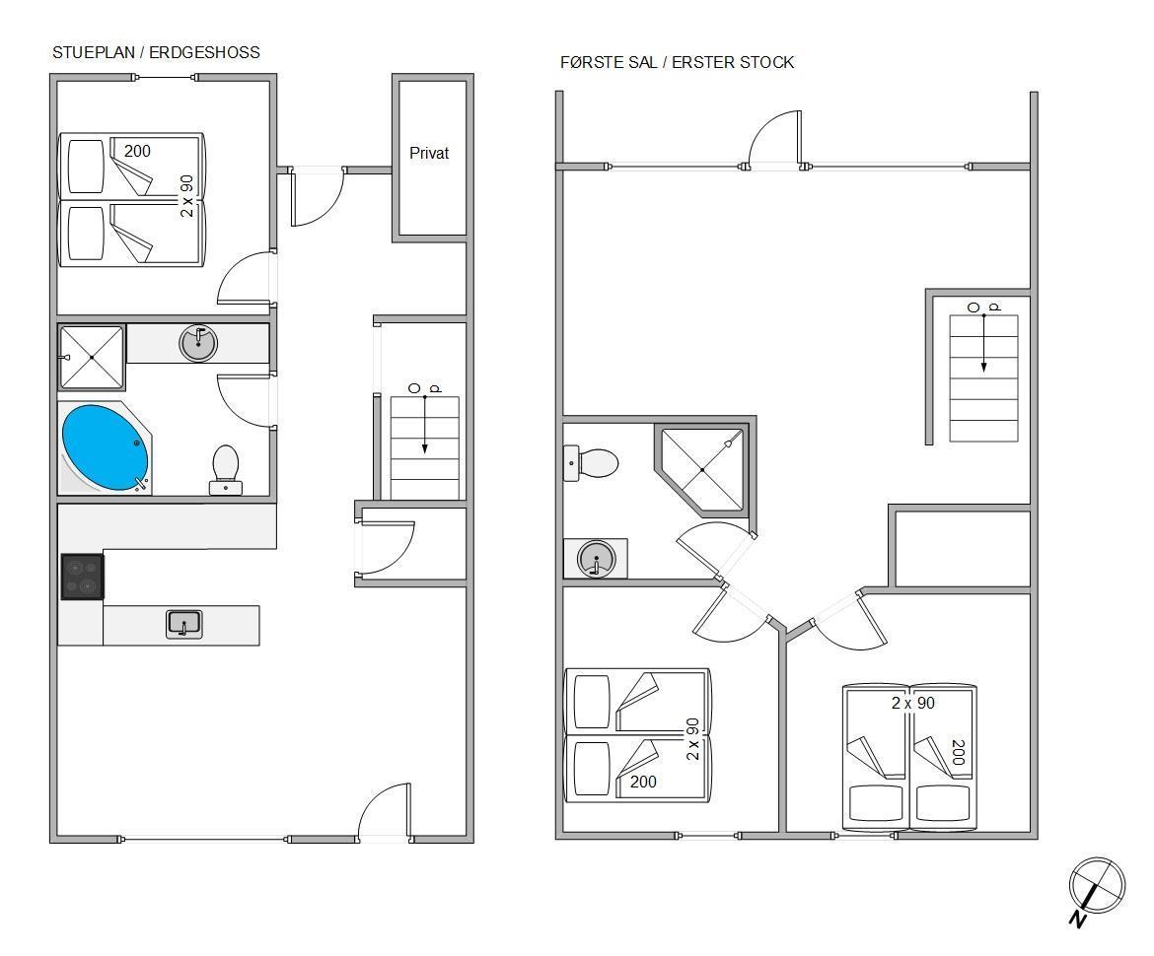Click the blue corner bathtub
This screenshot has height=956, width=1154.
106,447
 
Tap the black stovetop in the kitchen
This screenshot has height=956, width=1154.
83,577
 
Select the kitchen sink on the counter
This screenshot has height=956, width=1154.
184,624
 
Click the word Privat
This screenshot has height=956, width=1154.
429,153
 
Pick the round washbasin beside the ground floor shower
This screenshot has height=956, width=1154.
198,343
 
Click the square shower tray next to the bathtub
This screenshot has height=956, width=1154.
92,358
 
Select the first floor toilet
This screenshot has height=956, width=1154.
591,463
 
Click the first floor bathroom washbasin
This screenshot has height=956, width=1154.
596,558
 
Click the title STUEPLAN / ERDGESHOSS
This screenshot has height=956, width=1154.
156,52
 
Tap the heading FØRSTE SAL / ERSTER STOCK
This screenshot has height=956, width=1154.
677,62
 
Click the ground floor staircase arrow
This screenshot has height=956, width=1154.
425,426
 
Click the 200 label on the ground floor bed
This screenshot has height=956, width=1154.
137,151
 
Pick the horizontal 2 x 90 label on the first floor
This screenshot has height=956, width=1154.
913,703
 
